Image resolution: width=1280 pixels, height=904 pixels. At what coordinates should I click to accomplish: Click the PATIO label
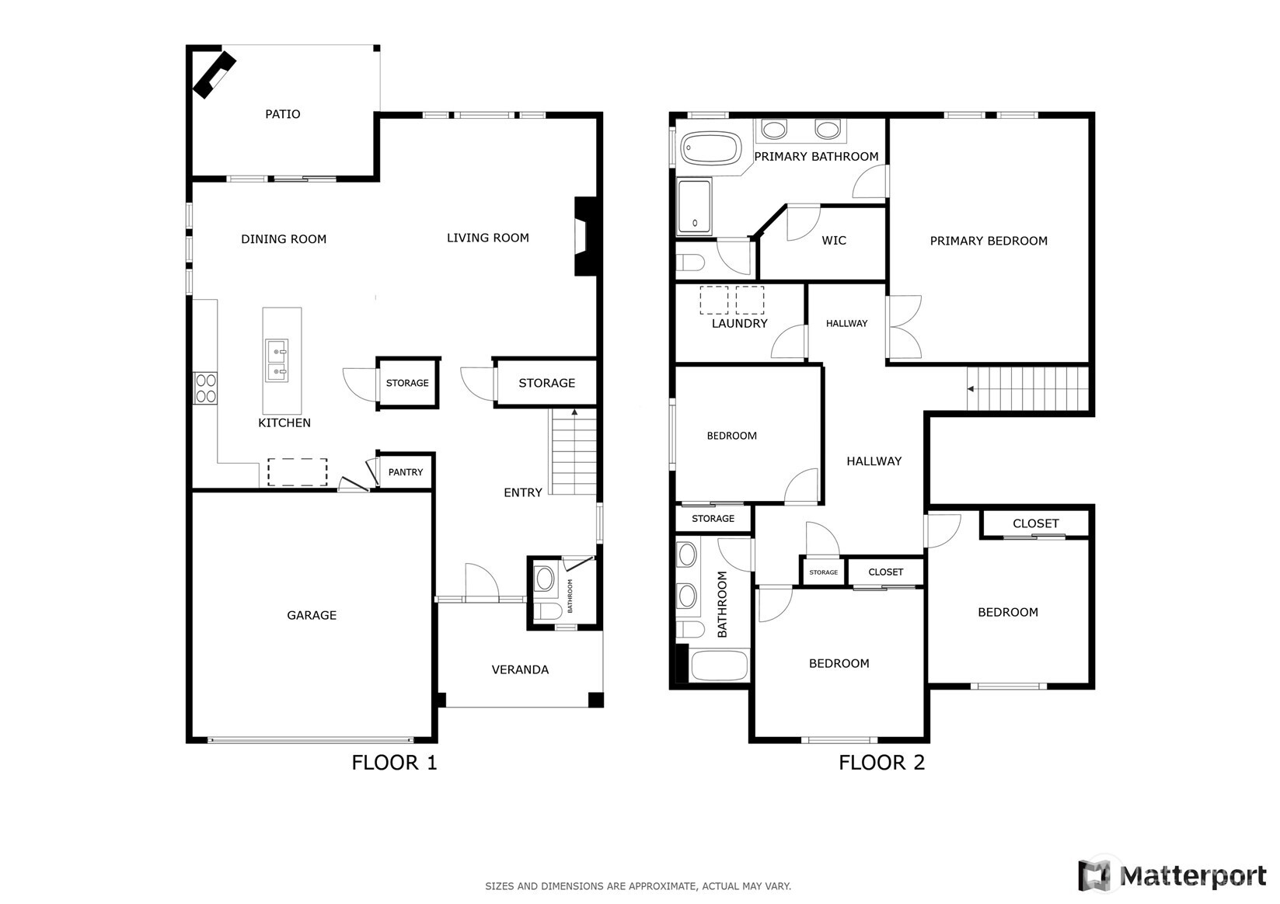(282, 114)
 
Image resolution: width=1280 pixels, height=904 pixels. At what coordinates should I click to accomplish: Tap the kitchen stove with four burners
(206, 388)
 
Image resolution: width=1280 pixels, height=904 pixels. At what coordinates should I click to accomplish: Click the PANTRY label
(406, 472)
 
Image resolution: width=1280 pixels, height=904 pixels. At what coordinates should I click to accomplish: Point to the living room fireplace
(584, 236)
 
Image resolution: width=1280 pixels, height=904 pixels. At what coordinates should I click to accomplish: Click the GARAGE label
(312, 615)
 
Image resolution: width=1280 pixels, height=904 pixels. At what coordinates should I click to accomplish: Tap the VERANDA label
(520, 669)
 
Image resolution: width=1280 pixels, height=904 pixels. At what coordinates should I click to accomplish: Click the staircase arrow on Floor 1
(574, 412)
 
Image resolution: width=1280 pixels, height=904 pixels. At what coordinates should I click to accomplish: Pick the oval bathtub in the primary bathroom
(711, 148)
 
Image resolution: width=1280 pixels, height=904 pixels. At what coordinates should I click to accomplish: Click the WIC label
(834, 241)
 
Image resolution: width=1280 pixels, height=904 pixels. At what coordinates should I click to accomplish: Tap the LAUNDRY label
(739, 324)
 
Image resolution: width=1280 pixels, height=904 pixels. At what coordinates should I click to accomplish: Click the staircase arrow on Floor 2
(971, 389)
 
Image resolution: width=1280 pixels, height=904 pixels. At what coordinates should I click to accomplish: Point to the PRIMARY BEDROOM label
(989, 242)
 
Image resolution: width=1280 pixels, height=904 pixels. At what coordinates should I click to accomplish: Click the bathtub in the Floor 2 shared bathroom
(719, 666)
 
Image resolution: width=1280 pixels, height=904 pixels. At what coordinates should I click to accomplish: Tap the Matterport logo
(1172, 875)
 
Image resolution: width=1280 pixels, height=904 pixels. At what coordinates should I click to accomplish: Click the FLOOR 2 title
(881, 763)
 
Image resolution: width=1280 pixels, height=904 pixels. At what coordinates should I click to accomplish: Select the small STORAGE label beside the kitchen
(407, 383)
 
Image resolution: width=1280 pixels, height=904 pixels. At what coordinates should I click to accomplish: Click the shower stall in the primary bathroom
(694, 207)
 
